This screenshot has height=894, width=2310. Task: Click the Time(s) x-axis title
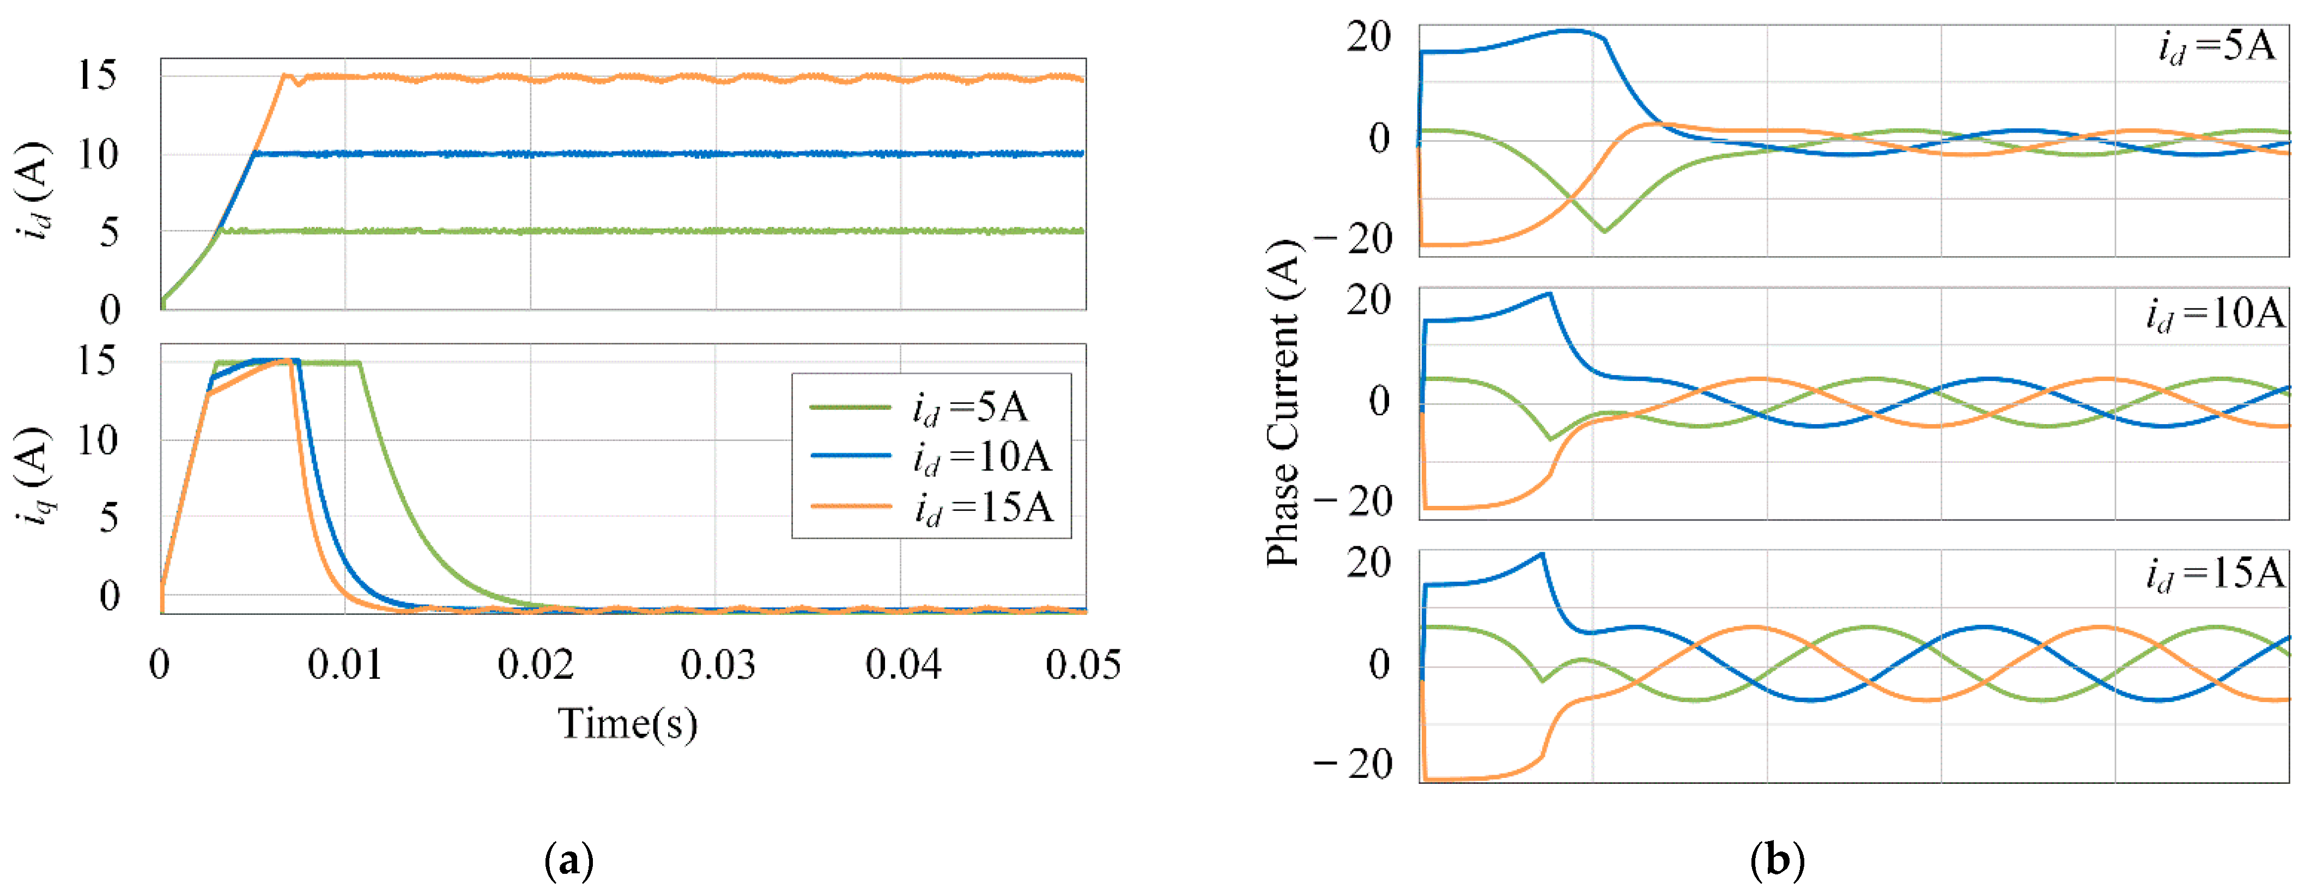coord(628,723)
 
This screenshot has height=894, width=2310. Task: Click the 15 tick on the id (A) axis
coord(97,75)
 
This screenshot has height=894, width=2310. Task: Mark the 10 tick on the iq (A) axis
coord(97,440)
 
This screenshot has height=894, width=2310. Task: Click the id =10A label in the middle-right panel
coord(2215,314)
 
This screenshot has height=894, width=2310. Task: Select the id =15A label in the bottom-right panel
coord(2215,574)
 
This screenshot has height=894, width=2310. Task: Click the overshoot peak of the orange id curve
coord(285,75)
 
